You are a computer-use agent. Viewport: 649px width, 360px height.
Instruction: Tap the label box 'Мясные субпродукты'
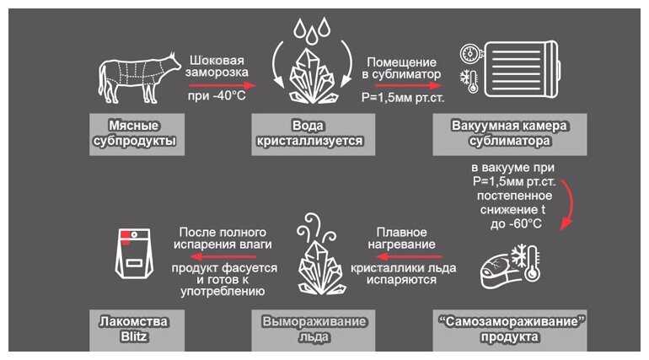click(x=137, y=135)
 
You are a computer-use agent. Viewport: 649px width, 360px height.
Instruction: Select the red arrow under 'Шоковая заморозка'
click(x=223, y=86)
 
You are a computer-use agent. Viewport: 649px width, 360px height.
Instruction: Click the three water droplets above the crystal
click(x=313, y=30)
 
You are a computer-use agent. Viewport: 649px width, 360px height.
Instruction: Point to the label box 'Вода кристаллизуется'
click(x=314, y=135)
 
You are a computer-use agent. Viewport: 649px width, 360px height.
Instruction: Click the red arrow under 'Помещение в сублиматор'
click(x=407, y=86)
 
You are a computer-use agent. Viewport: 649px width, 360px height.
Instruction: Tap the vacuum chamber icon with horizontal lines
click(x=523, y=69)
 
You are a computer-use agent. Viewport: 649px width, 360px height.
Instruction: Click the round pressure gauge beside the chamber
click(x=470, y=54)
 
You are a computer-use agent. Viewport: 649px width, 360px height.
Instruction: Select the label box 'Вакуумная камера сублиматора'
click(x=510, y=135)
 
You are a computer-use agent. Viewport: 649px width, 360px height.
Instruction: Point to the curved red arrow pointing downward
click(x=571, y=202)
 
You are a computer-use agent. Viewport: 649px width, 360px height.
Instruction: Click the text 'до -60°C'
click(x=516, y=224)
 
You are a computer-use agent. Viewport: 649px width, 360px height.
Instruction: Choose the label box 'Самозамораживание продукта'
click(x=510, y=330)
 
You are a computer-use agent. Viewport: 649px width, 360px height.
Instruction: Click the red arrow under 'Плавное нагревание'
click(x=410, y=256)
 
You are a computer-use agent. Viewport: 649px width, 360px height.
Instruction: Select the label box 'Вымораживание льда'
click(x=314, y=330)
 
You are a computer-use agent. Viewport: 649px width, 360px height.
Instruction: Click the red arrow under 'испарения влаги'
click(x=223, y=256)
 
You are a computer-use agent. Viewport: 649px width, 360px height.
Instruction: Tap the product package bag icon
click(x=134, y=253)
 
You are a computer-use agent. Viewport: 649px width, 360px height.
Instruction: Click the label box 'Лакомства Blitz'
click(x=137, y=330)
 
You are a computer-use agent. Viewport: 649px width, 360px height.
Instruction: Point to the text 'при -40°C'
click(x=217, y=96)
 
